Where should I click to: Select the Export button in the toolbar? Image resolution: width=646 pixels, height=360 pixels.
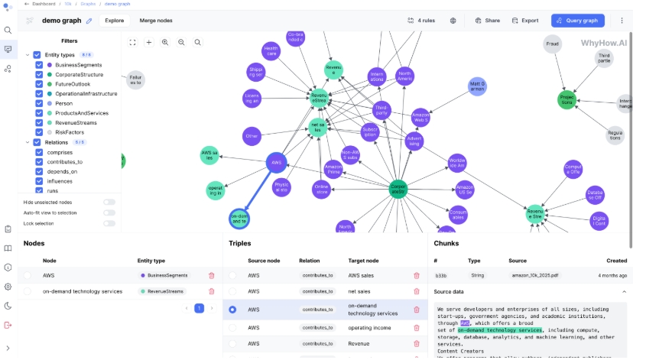[x=524, y=21]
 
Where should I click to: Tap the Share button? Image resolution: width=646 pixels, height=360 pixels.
[x=487, y=21]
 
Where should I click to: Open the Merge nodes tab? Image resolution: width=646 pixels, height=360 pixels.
[x=157, y=21]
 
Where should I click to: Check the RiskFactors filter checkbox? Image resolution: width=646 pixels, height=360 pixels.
[x=39, y=132]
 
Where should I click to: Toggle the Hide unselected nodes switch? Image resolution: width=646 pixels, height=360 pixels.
[x=109, y=202]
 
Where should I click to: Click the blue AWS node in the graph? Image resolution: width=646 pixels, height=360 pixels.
[x=276, y=162]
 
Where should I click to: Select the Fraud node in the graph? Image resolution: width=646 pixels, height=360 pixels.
[x=553, y=44]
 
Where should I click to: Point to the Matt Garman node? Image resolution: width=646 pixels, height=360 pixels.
[x=478, y=86]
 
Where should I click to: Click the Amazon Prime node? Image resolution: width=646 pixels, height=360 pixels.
[x=333, y=169]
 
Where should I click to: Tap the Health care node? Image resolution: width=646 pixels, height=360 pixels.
[x=271, y=52]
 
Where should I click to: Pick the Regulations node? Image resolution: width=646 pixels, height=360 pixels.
[x=615, y=135]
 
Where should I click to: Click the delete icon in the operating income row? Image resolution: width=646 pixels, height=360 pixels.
[x=417, y=327]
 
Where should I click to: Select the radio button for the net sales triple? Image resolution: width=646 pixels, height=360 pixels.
[x=232, y=292]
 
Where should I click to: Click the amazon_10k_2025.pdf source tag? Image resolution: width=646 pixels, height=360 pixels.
[x=535, y=274]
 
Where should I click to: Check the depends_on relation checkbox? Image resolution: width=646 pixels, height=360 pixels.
[x=39, y=172]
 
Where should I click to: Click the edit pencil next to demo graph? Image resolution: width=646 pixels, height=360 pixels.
[x=89, y=21]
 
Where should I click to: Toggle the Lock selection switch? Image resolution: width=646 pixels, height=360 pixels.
[x=109, y=223]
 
